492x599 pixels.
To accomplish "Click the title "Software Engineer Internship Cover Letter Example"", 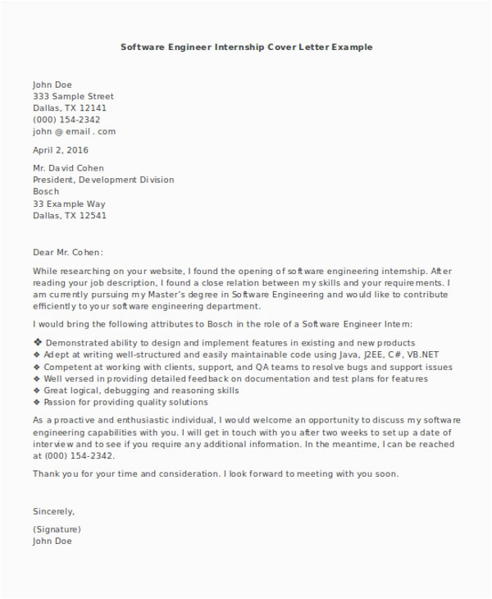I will pyautogui.click(x=246, y=47).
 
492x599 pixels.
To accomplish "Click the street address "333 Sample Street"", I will pyautogui.click(x=73, y=96).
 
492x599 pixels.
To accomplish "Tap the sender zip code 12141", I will pyautogui.click(x=93, y=107).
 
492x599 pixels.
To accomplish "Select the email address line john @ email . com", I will pyautogui.click(x=74, y=131).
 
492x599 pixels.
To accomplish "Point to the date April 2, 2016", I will pyautogui.click(x=60, y=150).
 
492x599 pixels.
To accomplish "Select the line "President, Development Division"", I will pyautogui.click(x=103, y=181).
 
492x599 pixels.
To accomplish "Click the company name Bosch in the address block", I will pyautogui.click(x=47, y=192).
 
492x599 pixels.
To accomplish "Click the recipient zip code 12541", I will pyautogui.click(x=93, y=217).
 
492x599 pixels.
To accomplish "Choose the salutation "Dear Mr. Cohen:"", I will pyautogui.click(x=69, y=253).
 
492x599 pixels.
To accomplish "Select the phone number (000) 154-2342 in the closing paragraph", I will pyautogui.click(x=79, y=455).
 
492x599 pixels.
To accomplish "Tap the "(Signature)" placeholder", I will pyautogui.click(x=57, y=529).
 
